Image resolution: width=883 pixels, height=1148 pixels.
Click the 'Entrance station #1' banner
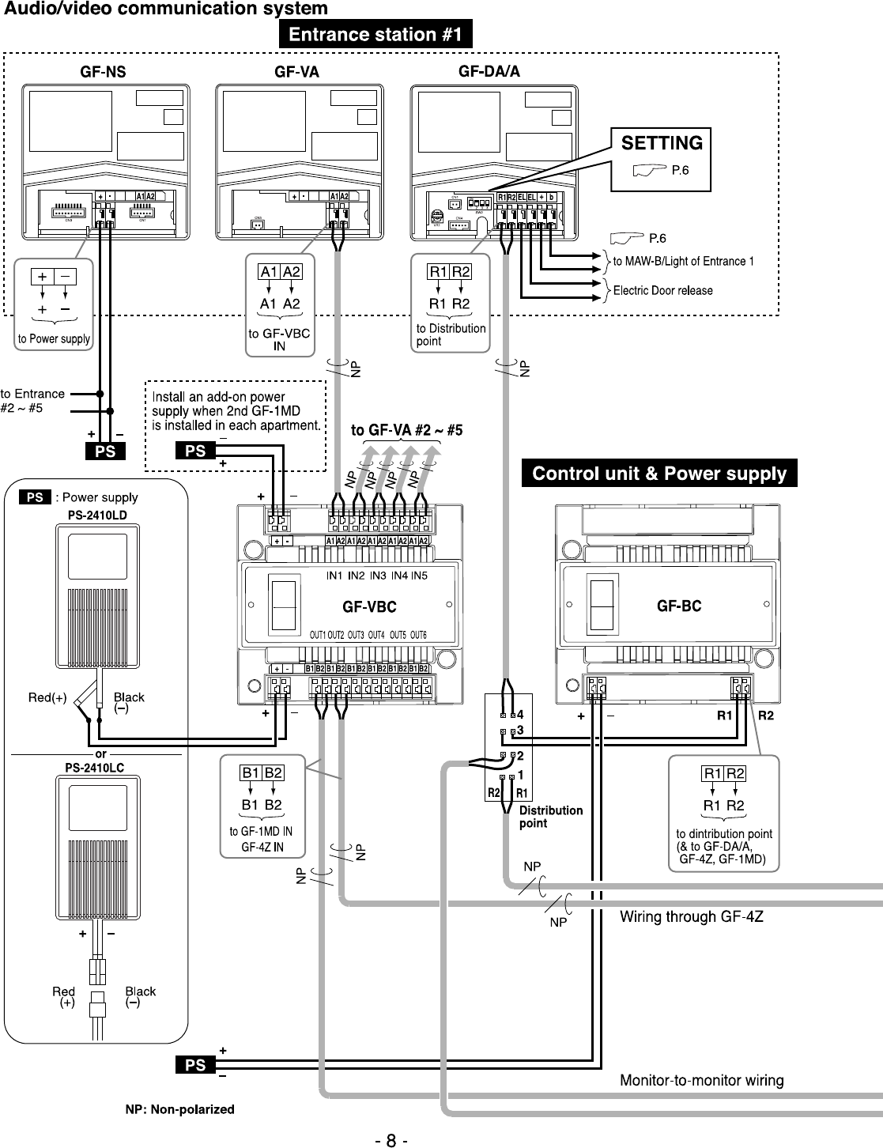pos(375,35)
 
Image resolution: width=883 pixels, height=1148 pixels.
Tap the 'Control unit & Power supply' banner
pos(659,474)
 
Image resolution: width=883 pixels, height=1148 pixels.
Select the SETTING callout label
pos(662,143)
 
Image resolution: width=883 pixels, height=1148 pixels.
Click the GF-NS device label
pos(103,72)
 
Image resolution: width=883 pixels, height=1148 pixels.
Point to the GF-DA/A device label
pos(489,72)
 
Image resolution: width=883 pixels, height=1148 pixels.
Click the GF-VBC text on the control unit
pos(369,607)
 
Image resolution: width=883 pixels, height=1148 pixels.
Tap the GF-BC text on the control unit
pos(679,606)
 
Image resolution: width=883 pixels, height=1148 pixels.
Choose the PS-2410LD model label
pos(98,515)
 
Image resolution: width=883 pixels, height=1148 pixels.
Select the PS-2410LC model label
pos(94,767)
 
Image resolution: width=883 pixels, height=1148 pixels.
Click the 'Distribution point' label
pos(550,817)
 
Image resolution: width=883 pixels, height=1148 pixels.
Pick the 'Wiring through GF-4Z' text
pos(691,917)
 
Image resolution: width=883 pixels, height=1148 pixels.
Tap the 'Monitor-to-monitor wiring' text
pos(701,1080)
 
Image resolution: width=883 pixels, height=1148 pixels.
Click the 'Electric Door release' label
pos(662,290)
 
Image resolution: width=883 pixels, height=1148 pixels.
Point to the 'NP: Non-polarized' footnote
pos(180,1109)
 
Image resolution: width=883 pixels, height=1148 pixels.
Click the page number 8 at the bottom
pos(391,1141)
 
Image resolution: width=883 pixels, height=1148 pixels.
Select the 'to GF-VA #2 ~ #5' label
pos(406,431)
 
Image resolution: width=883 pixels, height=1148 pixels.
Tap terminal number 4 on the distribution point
pos(520,714)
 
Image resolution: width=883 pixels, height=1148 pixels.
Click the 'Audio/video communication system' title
pos(166,9)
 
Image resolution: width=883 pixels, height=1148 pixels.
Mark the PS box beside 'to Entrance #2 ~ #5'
pos(105,451)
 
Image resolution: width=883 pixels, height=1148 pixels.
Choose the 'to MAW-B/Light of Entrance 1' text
pos(683,261)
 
